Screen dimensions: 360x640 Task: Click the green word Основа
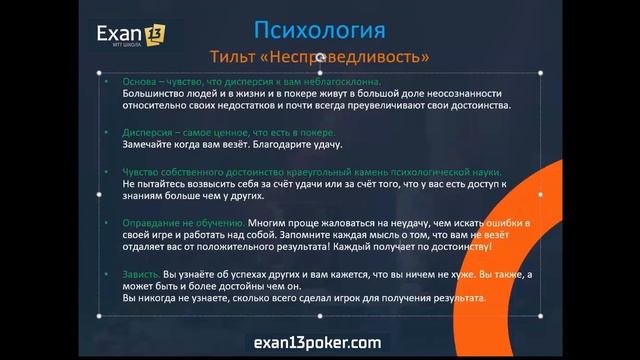[x=140, y=82]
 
